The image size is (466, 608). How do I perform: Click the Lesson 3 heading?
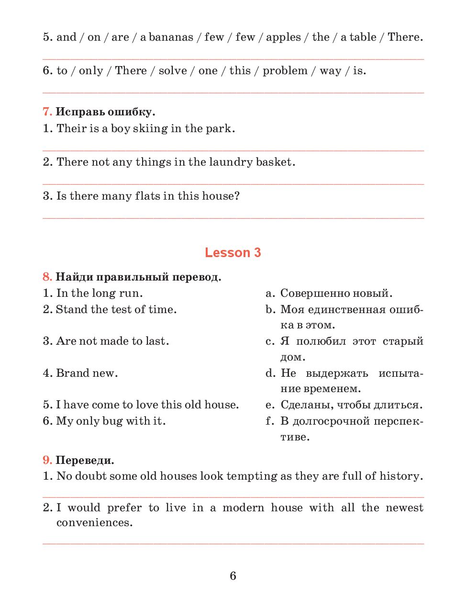click(x=233, y=252)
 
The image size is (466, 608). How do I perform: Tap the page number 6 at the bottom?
click(x=233, y=575)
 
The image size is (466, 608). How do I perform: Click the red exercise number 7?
click(x=47, y=112)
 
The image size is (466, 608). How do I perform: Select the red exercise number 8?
click(x=47, y=277)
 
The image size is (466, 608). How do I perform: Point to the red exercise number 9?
click(x=47, y=461)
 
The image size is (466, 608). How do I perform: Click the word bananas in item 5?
click(x=171, y=37)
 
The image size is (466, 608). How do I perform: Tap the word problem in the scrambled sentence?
click(x=285, y=71)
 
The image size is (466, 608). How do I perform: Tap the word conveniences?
click(x=94, y=522)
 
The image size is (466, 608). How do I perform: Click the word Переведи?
click(x=85, y=461)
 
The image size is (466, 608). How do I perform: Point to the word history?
click(x=401, y=476)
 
